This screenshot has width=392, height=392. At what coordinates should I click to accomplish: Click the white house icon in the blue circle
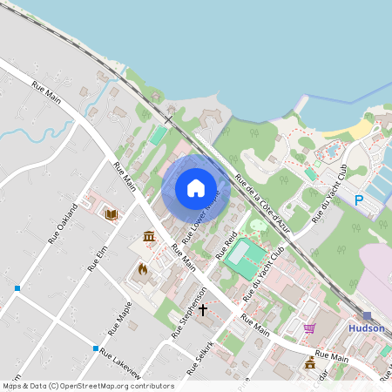pyautogui.click(x=196, y=187)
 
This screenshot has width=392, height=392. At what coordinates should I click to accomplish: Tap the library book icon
pyautogui.click(x=112, y=214)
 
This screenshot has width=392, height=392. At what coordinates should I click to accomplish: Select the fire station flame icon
pyautogui.click(x=143, y=269)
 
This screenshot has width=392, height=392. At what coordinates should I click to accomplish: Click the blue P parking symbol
pyautogui.click(x=359, y=200)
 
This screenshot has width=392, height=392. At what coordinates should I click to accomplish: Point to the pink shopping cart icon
pyautogui.click(x=309, y=328)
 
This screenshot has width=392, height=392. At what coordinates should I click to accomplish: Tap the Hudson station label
pyautogui.click(x=366, y=328)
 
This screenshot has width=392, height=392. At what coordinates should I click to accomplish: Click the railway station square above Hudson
pyautogui.click(x=368, y=316)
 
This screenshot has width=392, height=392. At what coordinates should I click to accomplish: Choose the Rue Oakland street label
pyautogui.click(x=63, y=223)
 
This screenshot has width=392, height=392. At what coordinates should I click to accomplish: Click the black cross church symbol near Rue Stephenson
pyautogui.click(x=203, y=309)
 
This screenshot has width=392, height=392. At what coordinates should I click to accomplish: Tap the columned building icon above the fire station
pyautogui.click(x=149, y=237)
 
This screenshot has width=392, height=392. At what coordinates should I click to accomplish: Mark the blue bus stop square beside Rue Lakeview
pyautogui.click(x=96, y=348)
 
